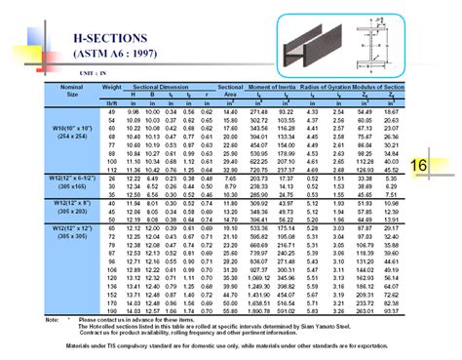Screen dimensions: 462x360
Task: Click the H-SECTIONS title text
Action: click(x=107, y=34)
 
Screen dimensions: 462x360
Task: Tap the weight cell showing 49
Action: click(x=110, y=113)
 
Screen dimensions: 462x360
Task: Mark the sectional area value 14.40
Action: click(x=231, y=113)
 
